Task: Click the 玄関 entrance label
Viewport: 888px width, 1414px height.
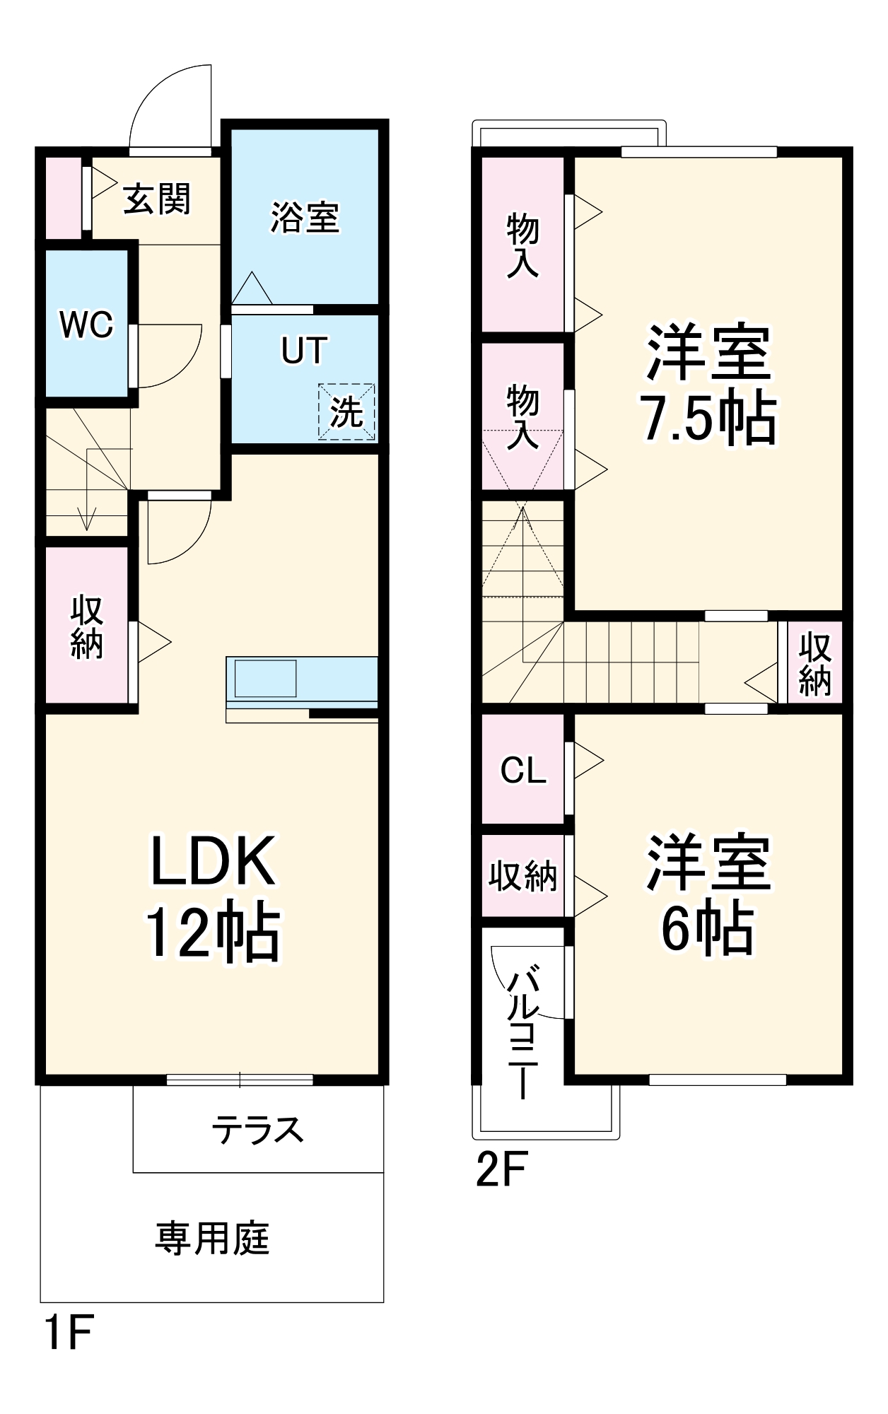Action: click(x=156, y=199)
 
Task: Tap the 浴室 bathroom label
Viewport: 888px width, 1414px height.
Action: click(x=305, y=217)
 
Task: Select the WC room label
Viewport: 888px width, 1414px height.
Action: click(x=86, y=325)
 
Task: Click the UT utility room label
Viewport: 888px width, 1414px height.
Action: click(x=304, y=350)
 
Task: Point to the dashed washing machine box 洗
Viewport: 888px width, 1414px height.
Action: click(x=346, y=411)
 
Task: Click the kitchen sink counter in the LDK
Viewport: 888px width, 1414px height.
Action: click(x=266, y=678)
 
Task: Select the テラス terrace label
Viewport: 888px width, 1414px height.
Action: click(x=258, y=1130)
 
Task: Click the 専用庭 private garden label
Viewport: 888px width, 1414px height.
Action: click(x=212, y=1239)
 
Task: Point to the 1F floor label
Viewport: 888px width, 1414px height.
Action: click(x=69, y=1333)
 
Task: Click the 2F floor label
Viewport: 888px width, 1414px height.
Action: click(x=501, y=1170)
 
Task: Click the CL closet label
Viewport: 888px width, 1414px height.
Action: click(x=523, y=770)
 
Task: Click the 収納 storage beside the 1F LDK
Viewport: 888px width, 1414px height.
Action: click(x=86, y=627)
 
